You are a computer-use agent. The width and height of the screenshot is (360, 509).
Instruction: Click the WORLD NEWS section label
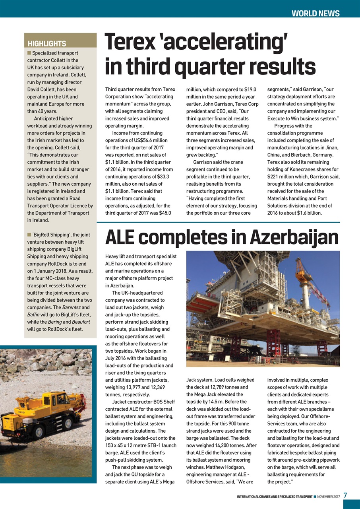pyautogui.click(x=315, y=14)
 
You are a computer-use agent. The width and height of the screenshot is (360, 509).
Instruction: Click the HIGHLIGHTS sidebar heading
pyautogui.click(x=47, y=44)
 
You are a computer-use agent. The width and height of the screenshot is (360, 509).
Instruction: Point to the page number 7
pyautogui.click(x=345, y=495)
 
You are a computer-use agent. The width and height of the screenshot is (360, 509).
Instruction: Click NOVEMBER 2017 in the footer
pyautogui.click(x=328, y=496)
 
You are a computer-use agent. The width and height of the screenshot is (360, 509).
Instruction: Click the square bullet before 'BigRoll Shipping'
pyautogui.click(x=29, y=235)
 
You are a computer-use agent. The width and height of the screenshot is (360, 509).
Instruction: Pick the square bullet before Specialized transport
pyautogui.click(x=29, y=53)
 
